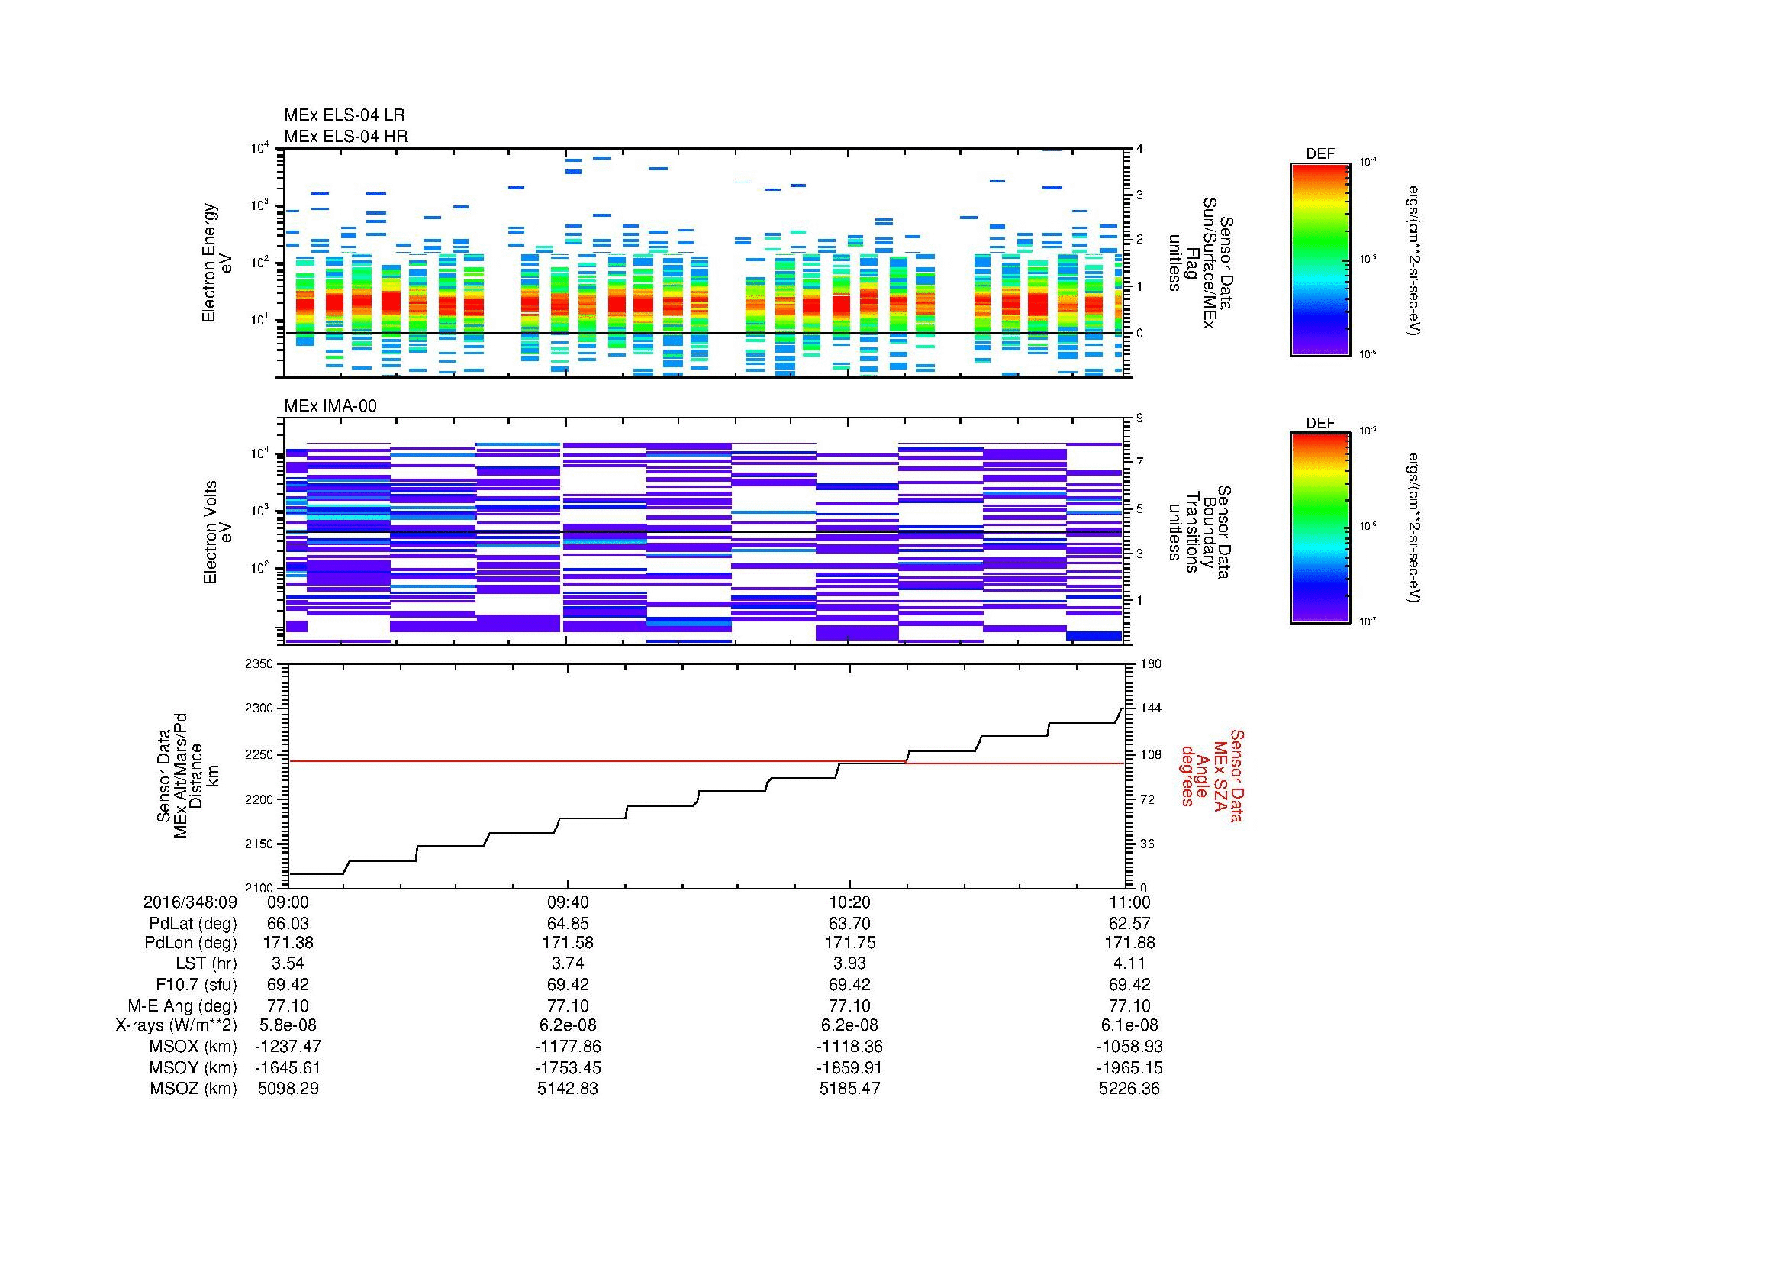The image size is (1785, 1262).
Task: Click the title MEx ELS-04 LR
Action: (343, 115)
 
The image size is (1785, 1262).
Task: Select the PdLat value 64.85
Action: (569, 923)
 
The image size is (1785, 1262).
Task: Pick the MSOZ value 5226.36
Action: (1129, 1089)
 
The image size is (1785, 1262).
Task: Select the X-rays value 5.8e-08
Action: (288, 1025)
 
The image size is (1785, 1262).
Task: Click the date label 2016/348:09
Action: (190, 902)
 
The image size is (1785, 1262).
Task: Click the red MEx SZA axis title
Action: (1211, 775)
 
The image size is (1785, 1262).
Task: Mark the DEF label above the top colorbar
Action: (1319, 154)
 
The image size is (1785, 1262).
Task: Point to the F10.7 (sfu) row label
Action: (199, 984)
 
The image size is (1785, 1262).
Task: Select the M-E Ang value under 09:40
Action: (569, 1005)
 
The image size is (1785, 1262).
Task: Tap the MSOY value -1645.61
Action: (288, 1067)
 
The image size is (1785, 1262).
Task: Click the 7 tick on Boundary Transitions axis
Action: (1139, 463)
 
